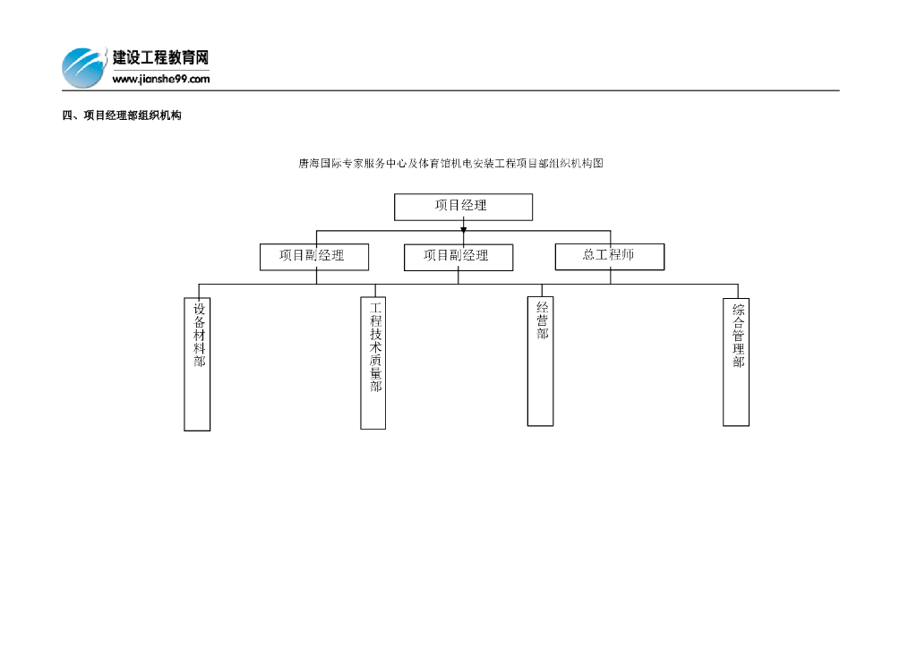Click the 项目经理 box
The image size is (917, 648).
tap(463, 207)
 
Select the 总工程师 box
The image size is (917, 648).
tap(610, 256)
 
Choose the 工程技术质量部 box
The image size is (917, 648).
tap(373, 363)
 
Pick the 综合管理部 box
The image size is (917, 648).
tap(736, 362)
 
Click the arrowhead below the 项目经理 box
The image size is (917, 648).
tap(463, 229)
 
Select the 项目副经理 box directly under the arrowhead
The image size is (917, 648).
tap(458, 257)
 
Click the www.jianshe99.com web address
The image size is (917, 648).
tap(161, 79)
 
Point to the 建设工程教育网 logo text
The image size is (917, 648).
tap(161, 58)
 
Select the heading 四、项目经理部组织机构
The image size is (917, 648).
tap(121, 115)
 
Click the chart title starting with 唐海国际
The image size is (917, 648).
tap(450, 164)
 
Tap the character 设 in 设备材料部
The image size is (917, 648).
tap(199, 309)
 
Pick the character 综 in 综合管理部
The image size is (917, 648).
tap(739, 310)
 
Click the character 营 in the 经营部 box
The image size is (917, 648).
tap(542, 320)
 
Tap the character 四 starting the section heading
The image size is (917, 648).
tap(66, 115)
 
